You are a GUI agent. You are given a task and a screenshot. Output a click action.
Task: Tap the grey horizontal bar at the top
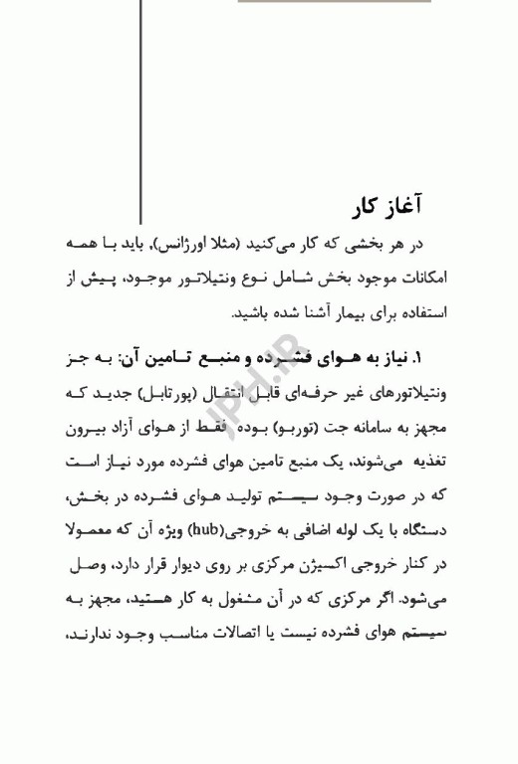335,2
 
